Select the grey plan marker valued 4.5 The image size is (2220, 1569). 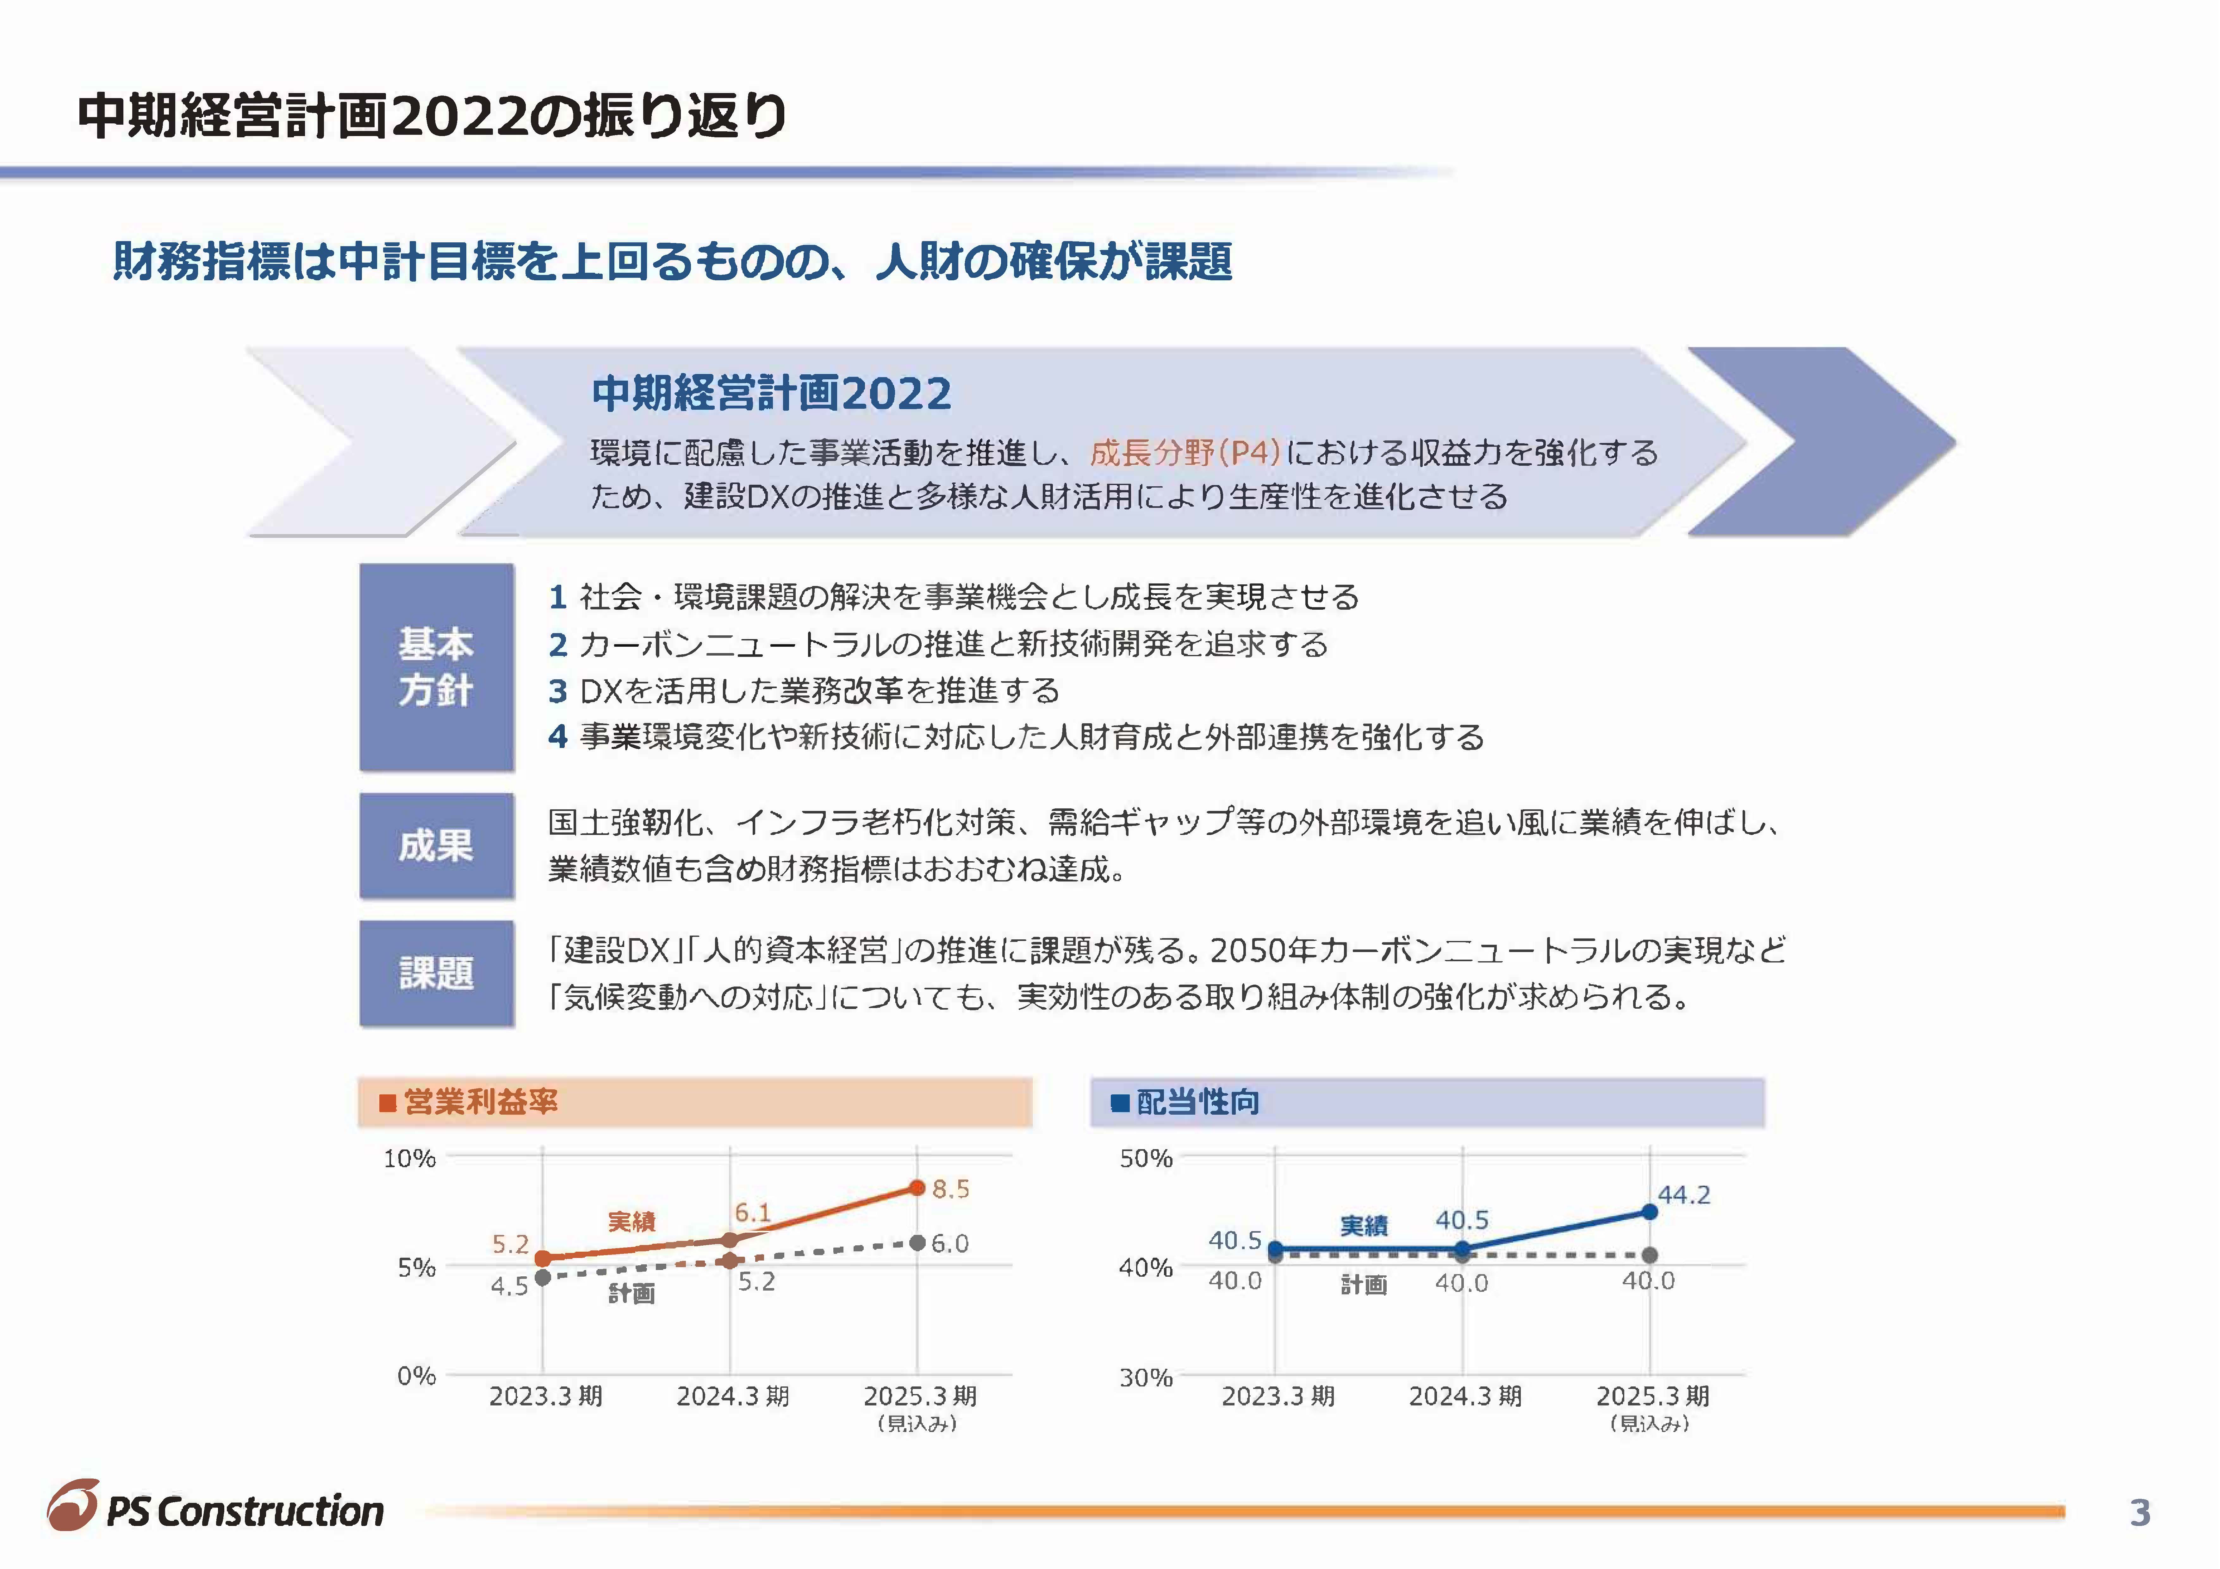tap(543, 1277)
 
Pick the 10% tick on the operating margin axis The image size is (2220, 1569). tap(410, 1158)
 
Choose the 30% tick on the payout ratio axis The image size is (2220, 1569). tap(1146, 1377)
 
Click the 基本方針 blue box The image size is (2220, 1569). tap(436, 667)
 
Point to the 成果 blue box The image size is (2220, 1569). tap(436, 846)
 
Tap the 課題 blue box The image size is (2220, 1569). tap(436, 973)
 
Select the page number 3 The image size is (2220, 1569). tap(2140, 1512)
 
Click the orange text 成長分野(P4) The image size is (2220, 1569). tap(1185, 452)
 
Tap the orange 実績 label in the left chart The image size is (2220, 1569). tap(631, 1222)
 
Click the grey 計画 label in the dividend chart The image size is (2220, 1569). tap(1363, 1285)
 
